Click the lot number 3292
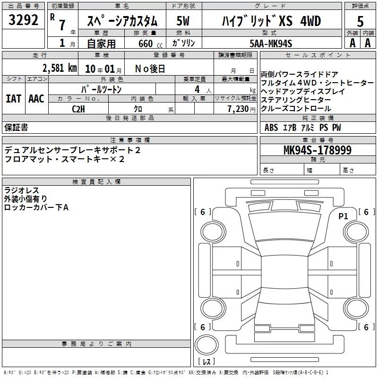[23, 20]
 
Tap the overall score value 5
[360, 21]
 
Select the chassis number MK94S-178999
[318, 150]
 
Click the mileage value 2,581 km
[60, 68]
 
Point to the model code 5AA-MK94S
[271, 43]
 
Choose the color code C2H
[78, 109]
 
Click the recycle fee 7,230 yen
[241, 109]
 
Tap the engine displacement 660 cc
[150, 44]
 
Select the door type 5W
[183, 21]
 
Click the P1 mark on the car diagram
[343, 216]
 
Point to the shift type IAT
[14, 99]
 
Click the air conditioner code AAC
[36, 99]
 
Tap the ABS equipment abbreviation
[271, 128]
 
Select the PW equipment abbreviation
[336, 128]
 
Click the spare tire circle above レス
[206, 345]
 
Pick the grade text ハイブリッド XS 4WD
[271, 21]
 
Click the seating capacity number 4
[197, 89]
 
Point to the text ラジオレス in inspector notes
[21, 190]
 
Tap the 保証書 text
[16, 127]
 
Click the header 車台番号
[318, 140]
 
